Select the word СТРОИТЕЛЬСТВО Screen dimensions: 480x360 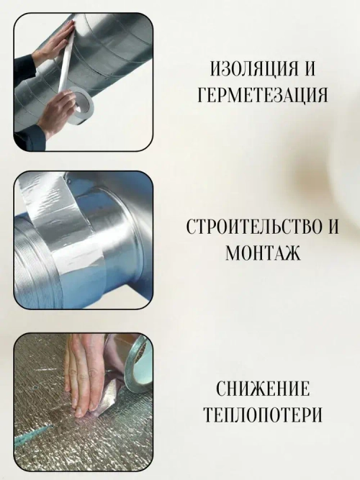click(246, 228)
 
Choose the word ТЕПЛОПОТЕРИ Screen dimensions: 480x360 click(263, 416)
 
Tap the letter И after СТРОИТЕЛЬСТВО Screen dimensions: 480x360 click(331, 228)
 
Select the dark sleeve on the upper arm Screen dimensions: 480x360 click(23, 68)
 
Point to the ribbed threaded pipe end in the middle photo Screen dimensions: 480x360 click(32, 259)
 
